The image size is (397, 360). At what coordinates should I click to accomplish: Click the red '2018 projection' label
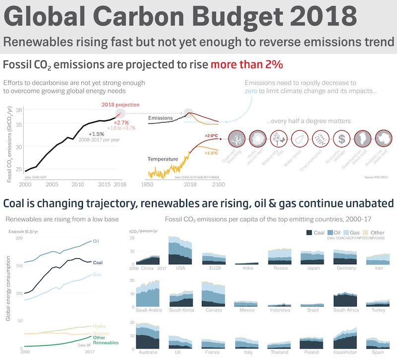click(121, 105)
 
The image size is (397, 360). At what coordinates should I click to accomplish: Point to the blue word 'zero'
click(251, 91)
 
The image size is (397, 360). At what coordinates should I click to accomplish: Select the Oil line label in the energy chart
click(96, 241)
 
